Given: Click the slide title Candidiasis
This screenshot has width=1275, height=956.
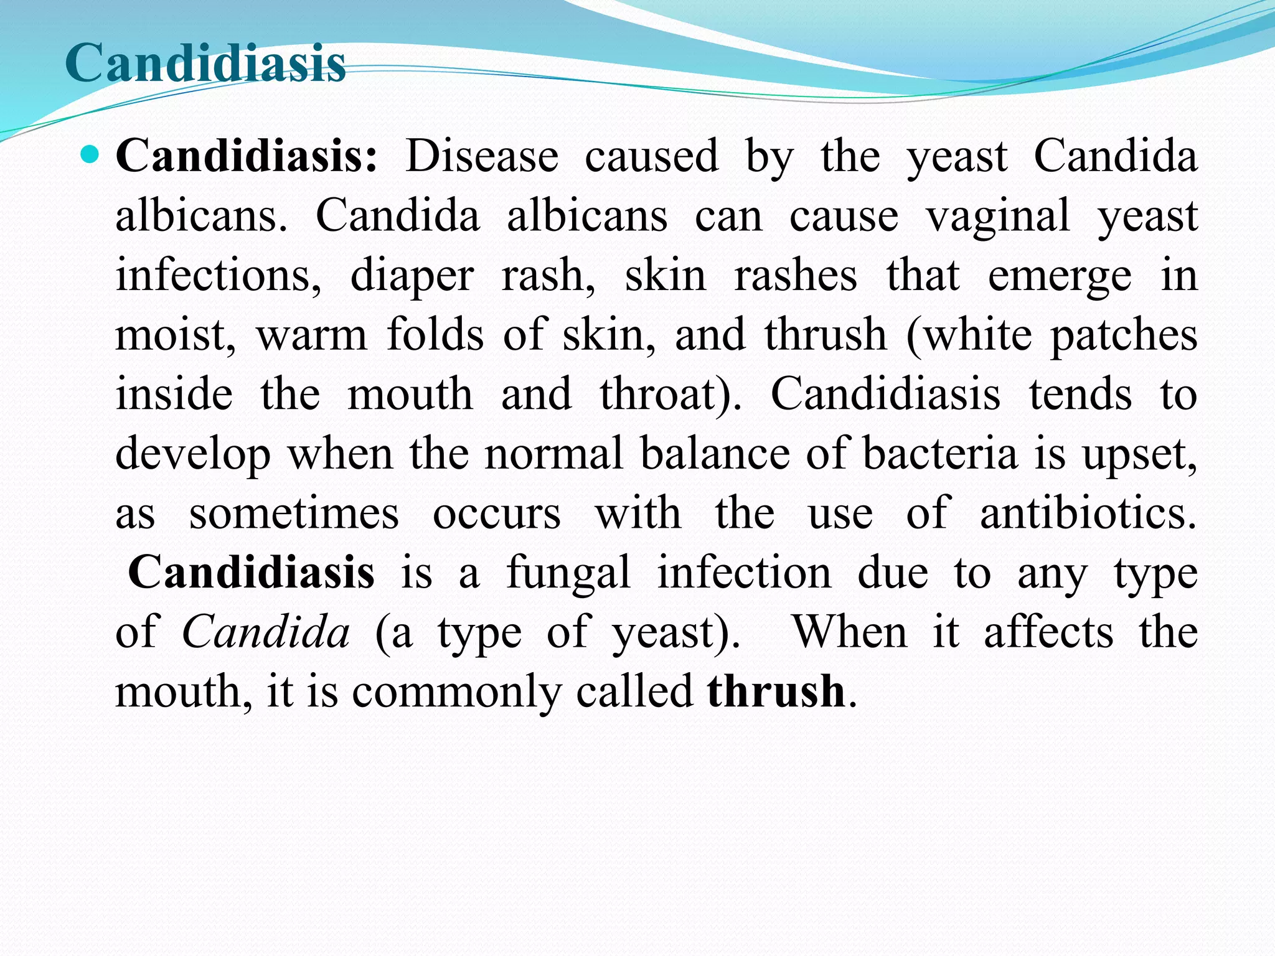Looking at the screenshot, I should point(205,63).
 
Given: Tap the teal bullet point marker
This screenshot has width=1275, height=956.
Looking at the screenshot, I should point(90,154).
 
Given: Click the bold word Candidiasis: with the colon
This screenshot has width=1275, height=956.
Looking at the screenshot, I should point(247,156).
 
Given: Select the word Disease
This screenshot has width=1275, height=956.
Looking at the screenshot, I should point(482,156).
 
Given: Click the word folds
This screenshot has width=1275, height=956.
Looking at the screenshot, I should point(435,335).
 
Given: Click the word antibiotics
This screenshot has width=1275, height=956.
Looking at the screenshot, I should point(1088,514).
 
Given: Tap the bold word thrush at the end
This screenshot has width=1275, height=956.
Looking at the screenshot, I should point(776,691).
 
